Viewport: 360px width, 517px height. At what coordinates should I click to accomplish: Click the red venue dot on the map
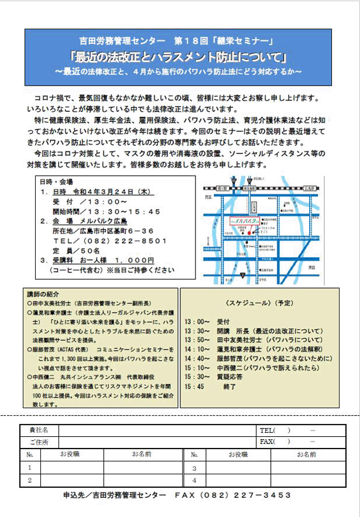coord(249,232)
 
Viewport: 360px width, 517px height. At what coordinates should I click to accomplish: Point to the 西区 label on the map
coord(210,198)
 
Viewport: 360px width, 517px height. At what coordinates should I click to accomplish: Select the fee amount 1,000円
coord(134,260)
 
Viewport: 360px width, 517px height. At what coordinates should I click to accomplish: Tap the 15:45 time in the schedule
coord(193,386)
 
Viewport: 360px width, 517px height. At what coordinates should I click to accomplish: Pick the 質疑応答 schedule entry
coord(232,377)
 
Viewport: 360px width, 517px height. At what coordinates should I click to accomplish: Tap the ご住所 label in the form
coord(39,442)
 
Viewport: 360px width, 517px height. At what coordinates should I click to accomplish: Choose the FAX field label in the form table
coord(267,442)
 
